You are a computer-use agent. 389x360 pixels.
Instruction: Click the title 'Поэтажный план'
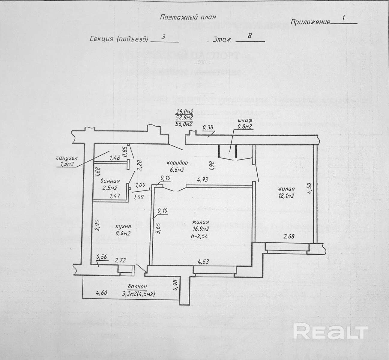[x=188, y=17]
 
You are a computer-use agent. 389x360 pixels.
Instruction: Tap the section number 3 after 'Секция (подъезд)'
[x=163, y=37]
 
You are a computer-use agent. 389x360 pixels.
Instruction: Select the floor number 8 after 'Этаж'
[x=250, y=36]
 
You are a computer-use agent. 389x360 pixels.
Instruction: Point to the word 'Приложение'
[x=310, y=22]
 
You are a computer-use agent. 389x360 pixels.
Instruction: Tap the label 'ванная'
[x=110, y=181]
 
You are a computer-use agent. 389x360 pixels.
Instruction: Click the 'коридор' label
[x=178, y=163]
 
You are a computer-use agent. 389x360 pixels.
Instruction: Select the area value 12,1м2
[x=286, y=196]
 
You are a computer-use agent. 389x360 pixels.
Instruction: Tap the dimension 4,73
[x=203, y=180]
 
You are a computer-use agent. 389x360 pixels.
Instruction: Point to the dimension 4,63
[x=203, y=261]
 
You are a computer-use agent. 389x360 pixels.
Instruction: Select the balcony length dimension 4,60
[x=101, y=292]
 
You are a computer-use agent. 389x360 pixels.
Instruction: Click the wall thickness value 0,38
[x=208, y=127]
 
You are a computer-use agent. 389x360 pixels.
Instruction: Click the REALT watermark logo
[x=330, y=332]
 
